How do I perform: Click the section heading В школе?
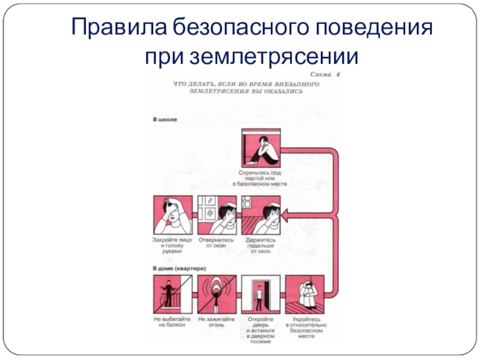[x=164, y=120]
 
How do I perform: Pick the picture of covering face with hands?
[x=172, y=215]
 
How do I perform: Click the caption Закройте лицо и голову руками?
[x=172, y=245]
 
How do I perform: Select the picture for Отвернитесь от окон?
[x=217, y=215]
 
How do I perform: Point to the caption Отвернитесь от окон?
[x=216, y=242]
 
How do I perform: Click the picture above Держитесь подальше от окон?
[x=260, y=215]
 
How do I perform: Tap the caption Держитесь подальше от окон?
[x=260, y=245]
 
